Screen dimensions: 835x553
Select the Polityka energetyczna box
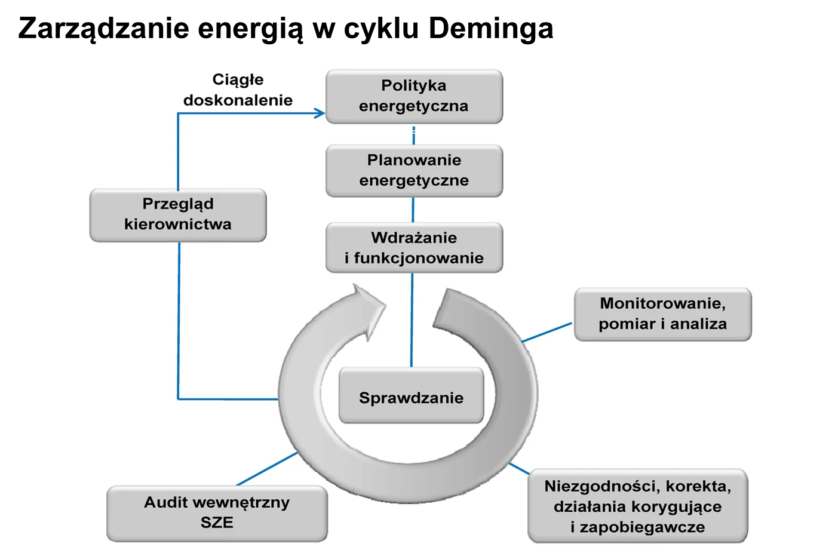[x=414, y=97]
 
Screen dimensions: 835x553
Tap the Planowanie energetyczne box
[x=414, y=171]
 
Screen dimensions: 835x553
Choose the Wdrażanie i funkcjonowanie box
[x=414, y=247]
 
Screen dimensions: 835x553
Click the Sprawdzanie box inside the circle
[x=411, y=395]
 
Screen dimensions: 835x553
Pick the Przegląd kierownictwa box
[x=178, y=215]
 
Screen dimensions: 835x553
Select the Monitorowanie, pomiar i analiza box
[x=663, y=314]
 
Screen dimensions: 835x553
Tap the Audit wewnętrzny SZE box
[x=217, y=514]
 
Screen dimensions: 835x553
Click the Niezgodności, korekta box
[x=638, y=506]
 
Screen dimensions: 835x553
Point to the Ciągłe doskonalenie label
[x=238, y=90]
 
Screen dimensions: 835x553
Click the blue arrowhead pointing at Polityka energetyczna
[x=320, y=113]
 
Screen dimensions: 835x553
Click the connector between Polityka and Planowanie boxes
[x=413, y=135]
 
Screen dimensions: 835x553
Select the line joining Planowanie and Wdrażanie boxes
[x=413, y=210]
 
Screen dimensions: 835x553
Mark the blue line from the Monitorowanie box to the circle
[x=547, y=332]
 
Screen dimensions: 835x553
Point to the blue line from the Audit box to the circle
[x=267, y=469]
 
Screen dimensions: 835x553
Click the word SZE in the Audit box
[x=217, y=523]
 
